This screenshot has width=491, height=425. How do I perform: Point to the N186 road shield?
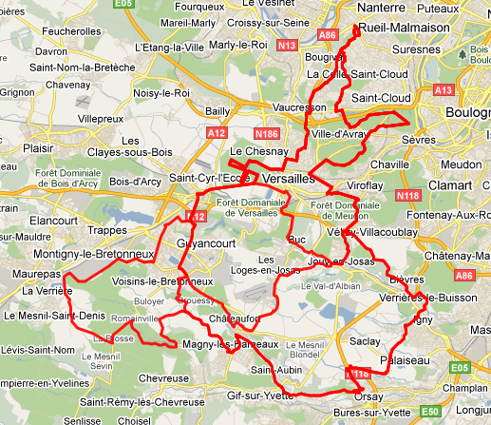[x=267, y=134]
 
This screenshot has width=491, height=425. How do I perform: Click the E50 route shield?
[x=430, y=411]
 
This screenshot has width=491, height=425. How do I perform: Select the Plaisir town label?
[x=37, y=147]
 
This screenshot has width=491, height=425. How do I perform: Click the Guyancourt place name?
[x=204, y=243]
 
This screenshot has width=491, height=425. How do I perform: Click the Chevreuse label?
[x=163, y=377]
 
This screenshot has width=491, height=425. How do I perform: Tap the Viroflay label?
[x=365, y=187]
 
